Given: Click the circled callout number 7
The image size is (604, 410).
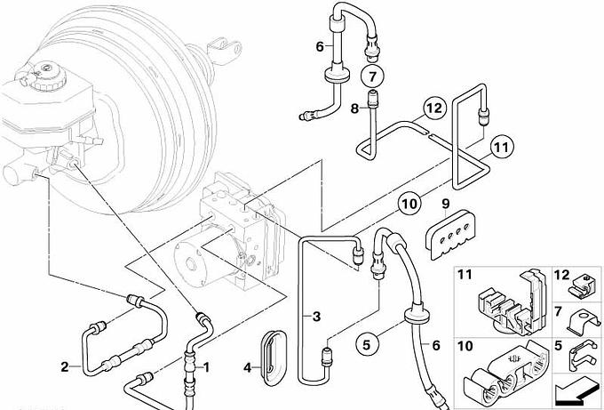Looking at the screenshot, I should [371, 74].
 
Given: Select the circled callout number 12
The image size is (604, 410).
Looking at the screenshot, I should [433, 109].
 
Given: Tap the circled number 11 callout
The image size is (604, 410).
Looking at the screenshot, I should [502, 147].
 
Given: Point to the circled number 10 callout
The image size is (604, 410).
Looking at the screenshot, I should [408, 204].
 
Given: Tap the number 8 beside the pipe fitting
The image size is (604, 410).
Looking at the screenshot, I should [354, 109].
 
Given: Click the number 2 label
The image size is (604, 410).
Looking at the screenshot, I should [64, 366].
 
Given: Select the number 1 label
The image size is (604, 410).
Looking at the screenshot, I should [207, 366].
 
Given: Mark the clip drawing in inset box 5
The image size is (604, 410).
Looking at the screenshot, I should [582, 356].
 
